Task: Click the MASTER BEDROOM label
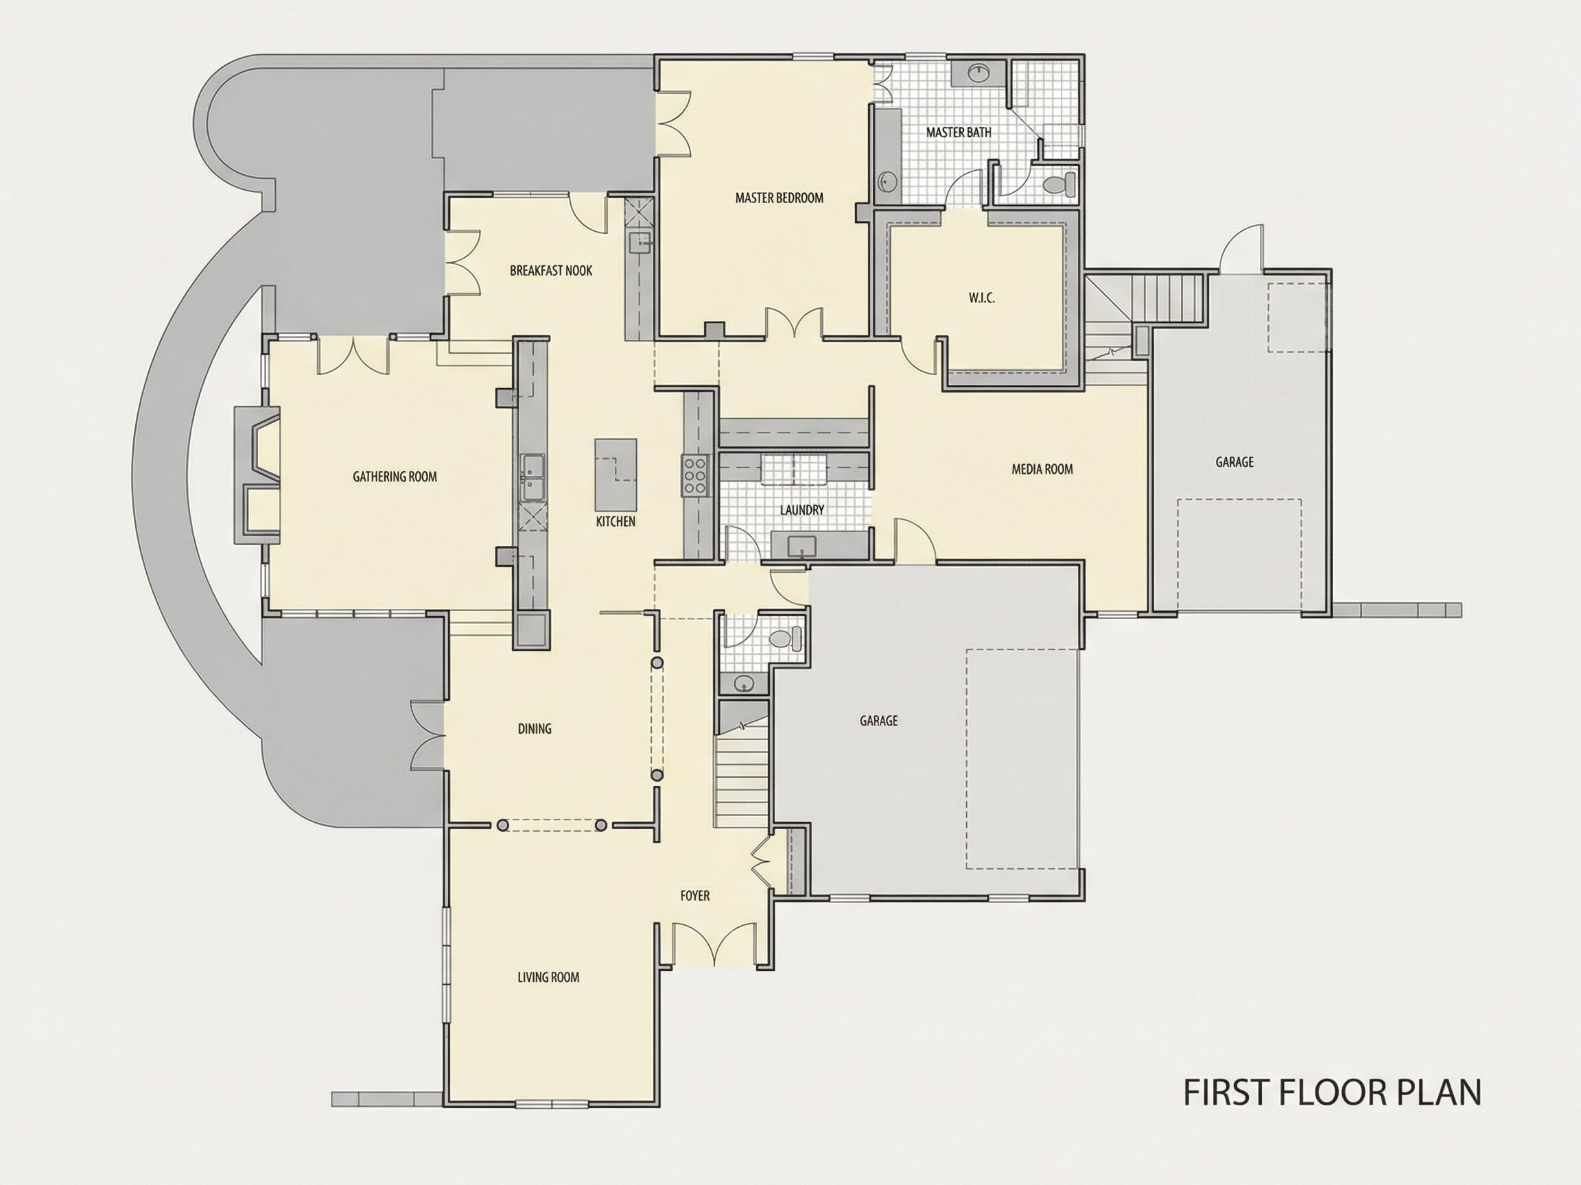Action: click(x=779, y=198)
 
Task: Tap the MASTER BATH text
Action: click(x=959, y=132)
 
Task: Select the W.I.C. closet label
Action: click(x=981, y=298)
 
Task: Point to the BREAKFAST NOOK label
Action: click(x=551, y=271)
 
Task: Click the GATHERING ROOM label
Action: click(x=395, y=477)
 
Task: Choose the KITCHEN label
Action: click(x=616, y=521)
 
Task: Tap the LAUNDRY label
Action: click(x=802, y=510)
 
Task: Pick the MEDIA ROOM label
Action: click(x=1042, y=469)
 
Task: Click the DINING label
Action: click(x=535, y=728)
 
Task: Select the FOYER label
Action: click(x=694, y=896)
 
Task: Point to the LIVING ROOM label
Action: click(x=548, y=977)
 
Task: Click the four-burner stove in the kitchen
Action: click(x=694, y=475)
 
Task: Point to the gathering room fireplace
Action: click(x=257, y=475)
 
